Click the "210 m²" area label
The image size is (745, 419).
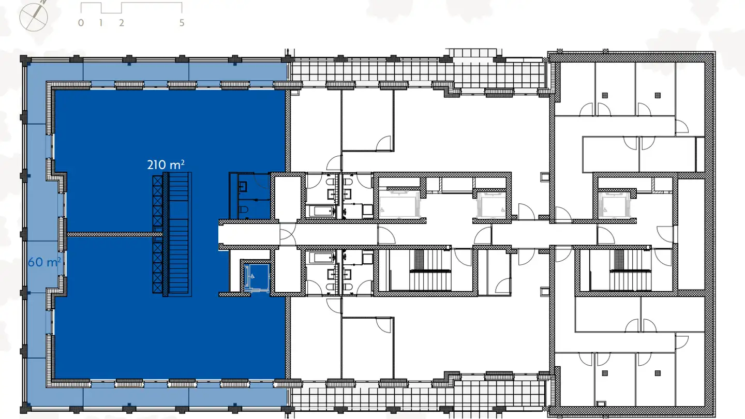(166, 164)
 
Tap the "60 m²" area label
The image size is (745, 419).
(44, 262)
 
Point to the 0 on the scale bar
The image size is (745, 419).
(81, 23)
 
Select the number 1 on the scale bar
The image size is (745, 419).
(101, 23)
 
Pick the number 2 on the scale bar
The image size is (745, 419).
(122, 23)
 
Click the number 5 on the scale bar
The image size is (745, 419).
(182, 23)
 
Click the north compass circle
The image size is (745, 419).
(33, 17)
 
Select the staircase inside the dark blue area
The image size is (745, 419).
(178, 234)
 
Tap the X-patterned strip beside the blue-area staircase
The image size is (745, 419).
(157, 234)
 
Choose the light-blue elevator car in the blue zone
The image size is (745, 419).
(257, 277)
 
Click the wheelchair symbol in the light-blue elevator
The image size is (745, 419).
(252, 276)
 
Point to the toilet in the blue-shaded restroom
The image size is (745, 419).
(243, 210)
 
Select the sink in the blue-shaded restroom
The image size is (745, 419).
(243, 186)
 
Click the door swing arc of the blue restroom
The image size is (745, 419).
(263, 182)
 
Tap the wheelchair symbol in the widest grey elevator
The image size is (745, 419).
(382, 210)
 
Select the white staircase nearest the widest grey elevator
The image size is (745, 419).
(430, 270)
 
